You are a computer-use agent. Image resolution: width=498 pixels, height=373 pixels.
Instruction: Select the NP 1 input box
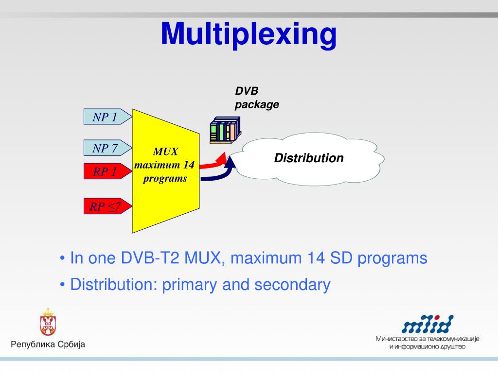[106, 117]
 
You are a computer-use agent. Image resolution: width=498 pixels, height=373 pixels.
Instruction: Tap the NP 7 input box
[106, 148]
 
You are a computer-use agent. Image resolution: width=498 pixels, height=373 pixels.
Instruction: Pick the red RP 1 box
[106, 171]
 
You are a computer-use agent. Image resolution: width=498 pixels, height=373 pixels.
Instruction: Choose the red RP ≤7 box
[106, 207]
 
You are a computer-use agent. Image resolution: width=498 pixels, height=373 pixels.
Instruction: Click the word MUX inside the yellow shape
[165, 152]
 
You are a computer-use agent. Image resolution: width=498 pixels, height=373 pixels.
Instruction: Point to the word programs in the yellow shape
[165, 178]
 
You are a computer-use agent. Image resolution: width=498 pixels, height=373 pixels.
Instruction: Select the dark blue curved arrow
[219, 174]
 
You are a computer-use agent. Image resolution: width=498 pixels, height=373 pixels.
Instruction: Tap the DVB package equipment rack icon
[225, 131]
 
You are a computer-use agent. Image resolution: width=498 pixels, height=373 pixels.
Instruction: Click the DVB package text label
[257, 98]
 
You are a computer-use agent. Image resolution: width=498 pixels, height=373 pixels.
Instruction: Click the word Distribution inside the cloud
[309, 158]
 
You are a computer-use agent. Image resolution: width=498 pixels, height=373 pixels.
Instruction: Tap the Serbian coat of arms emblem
[48, 322]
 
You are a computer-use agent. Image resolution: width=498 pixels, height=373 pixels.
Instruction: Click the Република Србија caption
[48, 344]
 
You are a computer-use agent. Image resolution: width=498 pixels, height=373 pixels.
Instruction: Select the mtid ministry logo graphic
[427, 324]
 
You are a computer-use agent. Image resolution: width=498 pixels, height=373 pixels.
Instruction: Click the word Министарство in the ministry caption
[398, 339]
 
